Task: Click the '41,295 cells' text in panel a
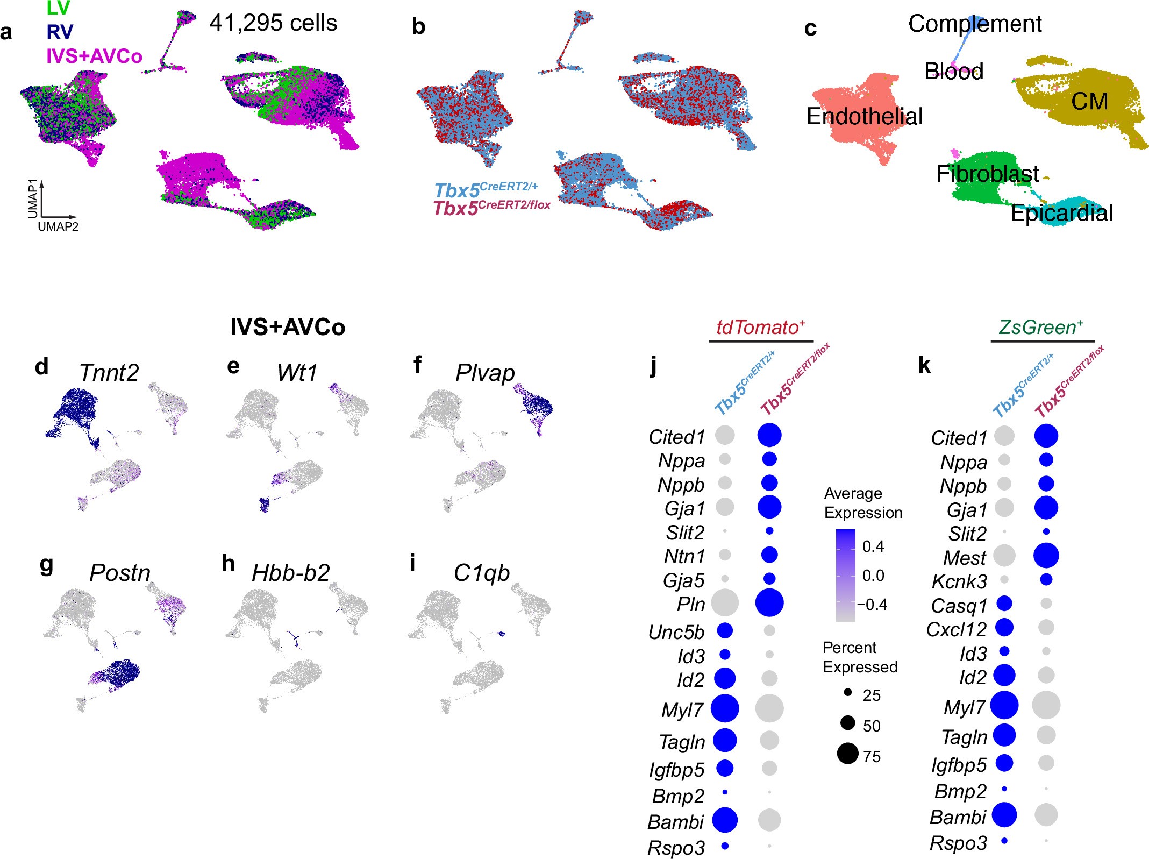tap(273, 23)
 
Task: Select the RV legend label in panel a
tap(59, 32)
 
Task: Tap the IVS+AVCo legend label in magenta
tap(94, 56)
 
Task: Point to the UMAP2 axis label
tap(58, 227)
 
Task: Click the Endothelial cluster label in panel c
tap(864, 116)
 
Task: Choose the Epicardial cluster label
tap(1061, 213)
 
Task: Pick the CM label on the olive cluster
tap(1089, 101)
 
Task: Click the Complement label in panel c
tap(974, 24)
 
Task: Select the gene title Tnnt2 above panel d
tap(109, 372)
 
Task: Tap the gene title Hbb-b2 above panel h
tap(290, 573)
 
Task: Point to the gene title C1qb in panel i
tap(481, 573)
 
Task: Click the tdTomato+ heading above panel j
tap(760, 327)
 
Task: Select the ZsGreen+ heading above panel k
tap(1040, 327)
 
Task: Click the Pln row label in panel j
tap(690, 604)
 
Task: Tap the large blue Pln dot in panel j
tap(769, 602)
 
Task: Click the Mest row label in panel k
tap(965, 558)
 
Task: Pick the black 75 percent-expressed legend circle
tap(847, 753)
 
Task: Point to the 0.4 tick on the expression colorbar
tap(873, 546)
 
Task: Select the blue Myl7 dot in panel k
tap(1004, 705)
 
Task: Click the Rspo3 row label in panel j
tap(676, 848)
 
